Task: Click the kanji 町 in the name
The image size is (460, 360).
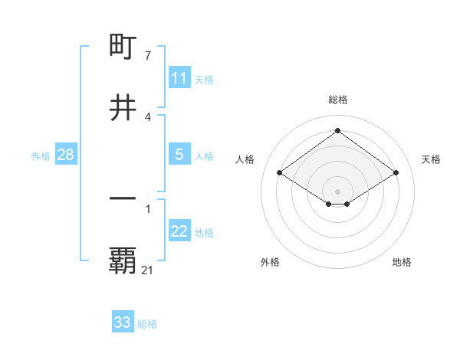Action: pyautogui.click(x=123, y=47)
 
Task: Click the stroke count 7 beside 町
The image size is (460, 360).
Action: pyautogui.click(x=148, y=56)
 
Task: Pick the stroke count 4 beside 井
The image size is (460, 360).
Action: pyautogui.click(x=148, y=116)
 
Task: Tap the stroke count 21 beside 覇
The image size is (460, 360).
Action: pyautogui.click(x=148, y=270)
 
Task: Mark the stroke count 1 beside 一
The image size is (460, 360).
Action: pyautogui.click(x=148, y=207)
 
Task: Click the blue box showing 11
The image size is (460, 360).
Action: pyautogui.click(x=179, y=78)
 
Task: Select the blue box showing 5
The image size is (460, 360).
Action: pyautogui.click(x=179, y=155)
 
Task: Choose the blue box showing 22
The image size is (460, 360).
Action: pyautogui.click(x=179, y=231)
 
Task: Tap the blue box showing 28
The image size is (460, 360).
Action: pyautogui.click(x=65, y=155)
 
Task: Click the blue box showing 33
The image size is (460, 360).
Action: pyautogui.click(x=123, y=322)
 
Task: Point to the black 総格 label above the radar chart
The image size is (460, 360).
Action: pyautogui.click(x=338, y=100)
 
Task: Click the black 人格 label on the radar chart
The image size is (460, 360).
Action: pyautogui.click(x=245, y=159)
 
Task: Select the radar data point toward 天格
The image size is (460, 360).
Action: pyautogui.click(x=396, y=173)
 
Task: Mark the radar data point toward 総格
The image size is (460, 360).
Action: pyautogui.click(x=338, y=130)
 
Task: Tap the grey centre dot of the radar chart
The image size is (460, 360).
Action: pyautogui.click(x=338, y=191)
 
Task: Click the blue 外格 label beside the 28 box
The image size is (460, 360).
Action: pyautogui.click(x=41, y=156)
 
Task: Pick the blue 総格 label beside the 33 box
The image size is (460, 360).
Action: pyautogui.click(x=147, y=324)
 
